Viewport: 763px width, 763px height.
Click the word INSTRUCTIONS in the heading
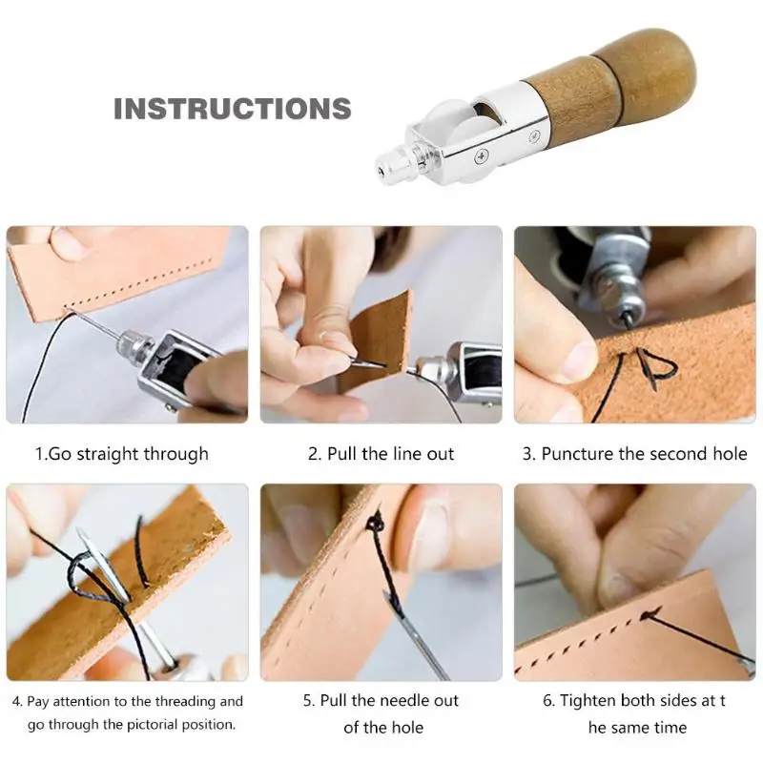(232, 109)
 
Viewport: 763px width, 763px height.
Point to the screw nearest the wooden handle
(535, 136)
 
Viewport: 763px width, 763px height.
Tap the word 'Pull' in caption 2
(342, 454)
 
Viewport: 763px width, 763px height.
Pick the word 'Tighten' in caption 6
(588, 701)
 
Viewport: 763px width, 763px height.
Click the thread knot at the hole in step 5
(374, 524)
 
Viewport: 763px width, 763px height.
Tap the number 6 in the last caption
(547, 701)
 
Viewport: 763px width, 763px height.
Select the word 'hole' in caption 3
(730, 454)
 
